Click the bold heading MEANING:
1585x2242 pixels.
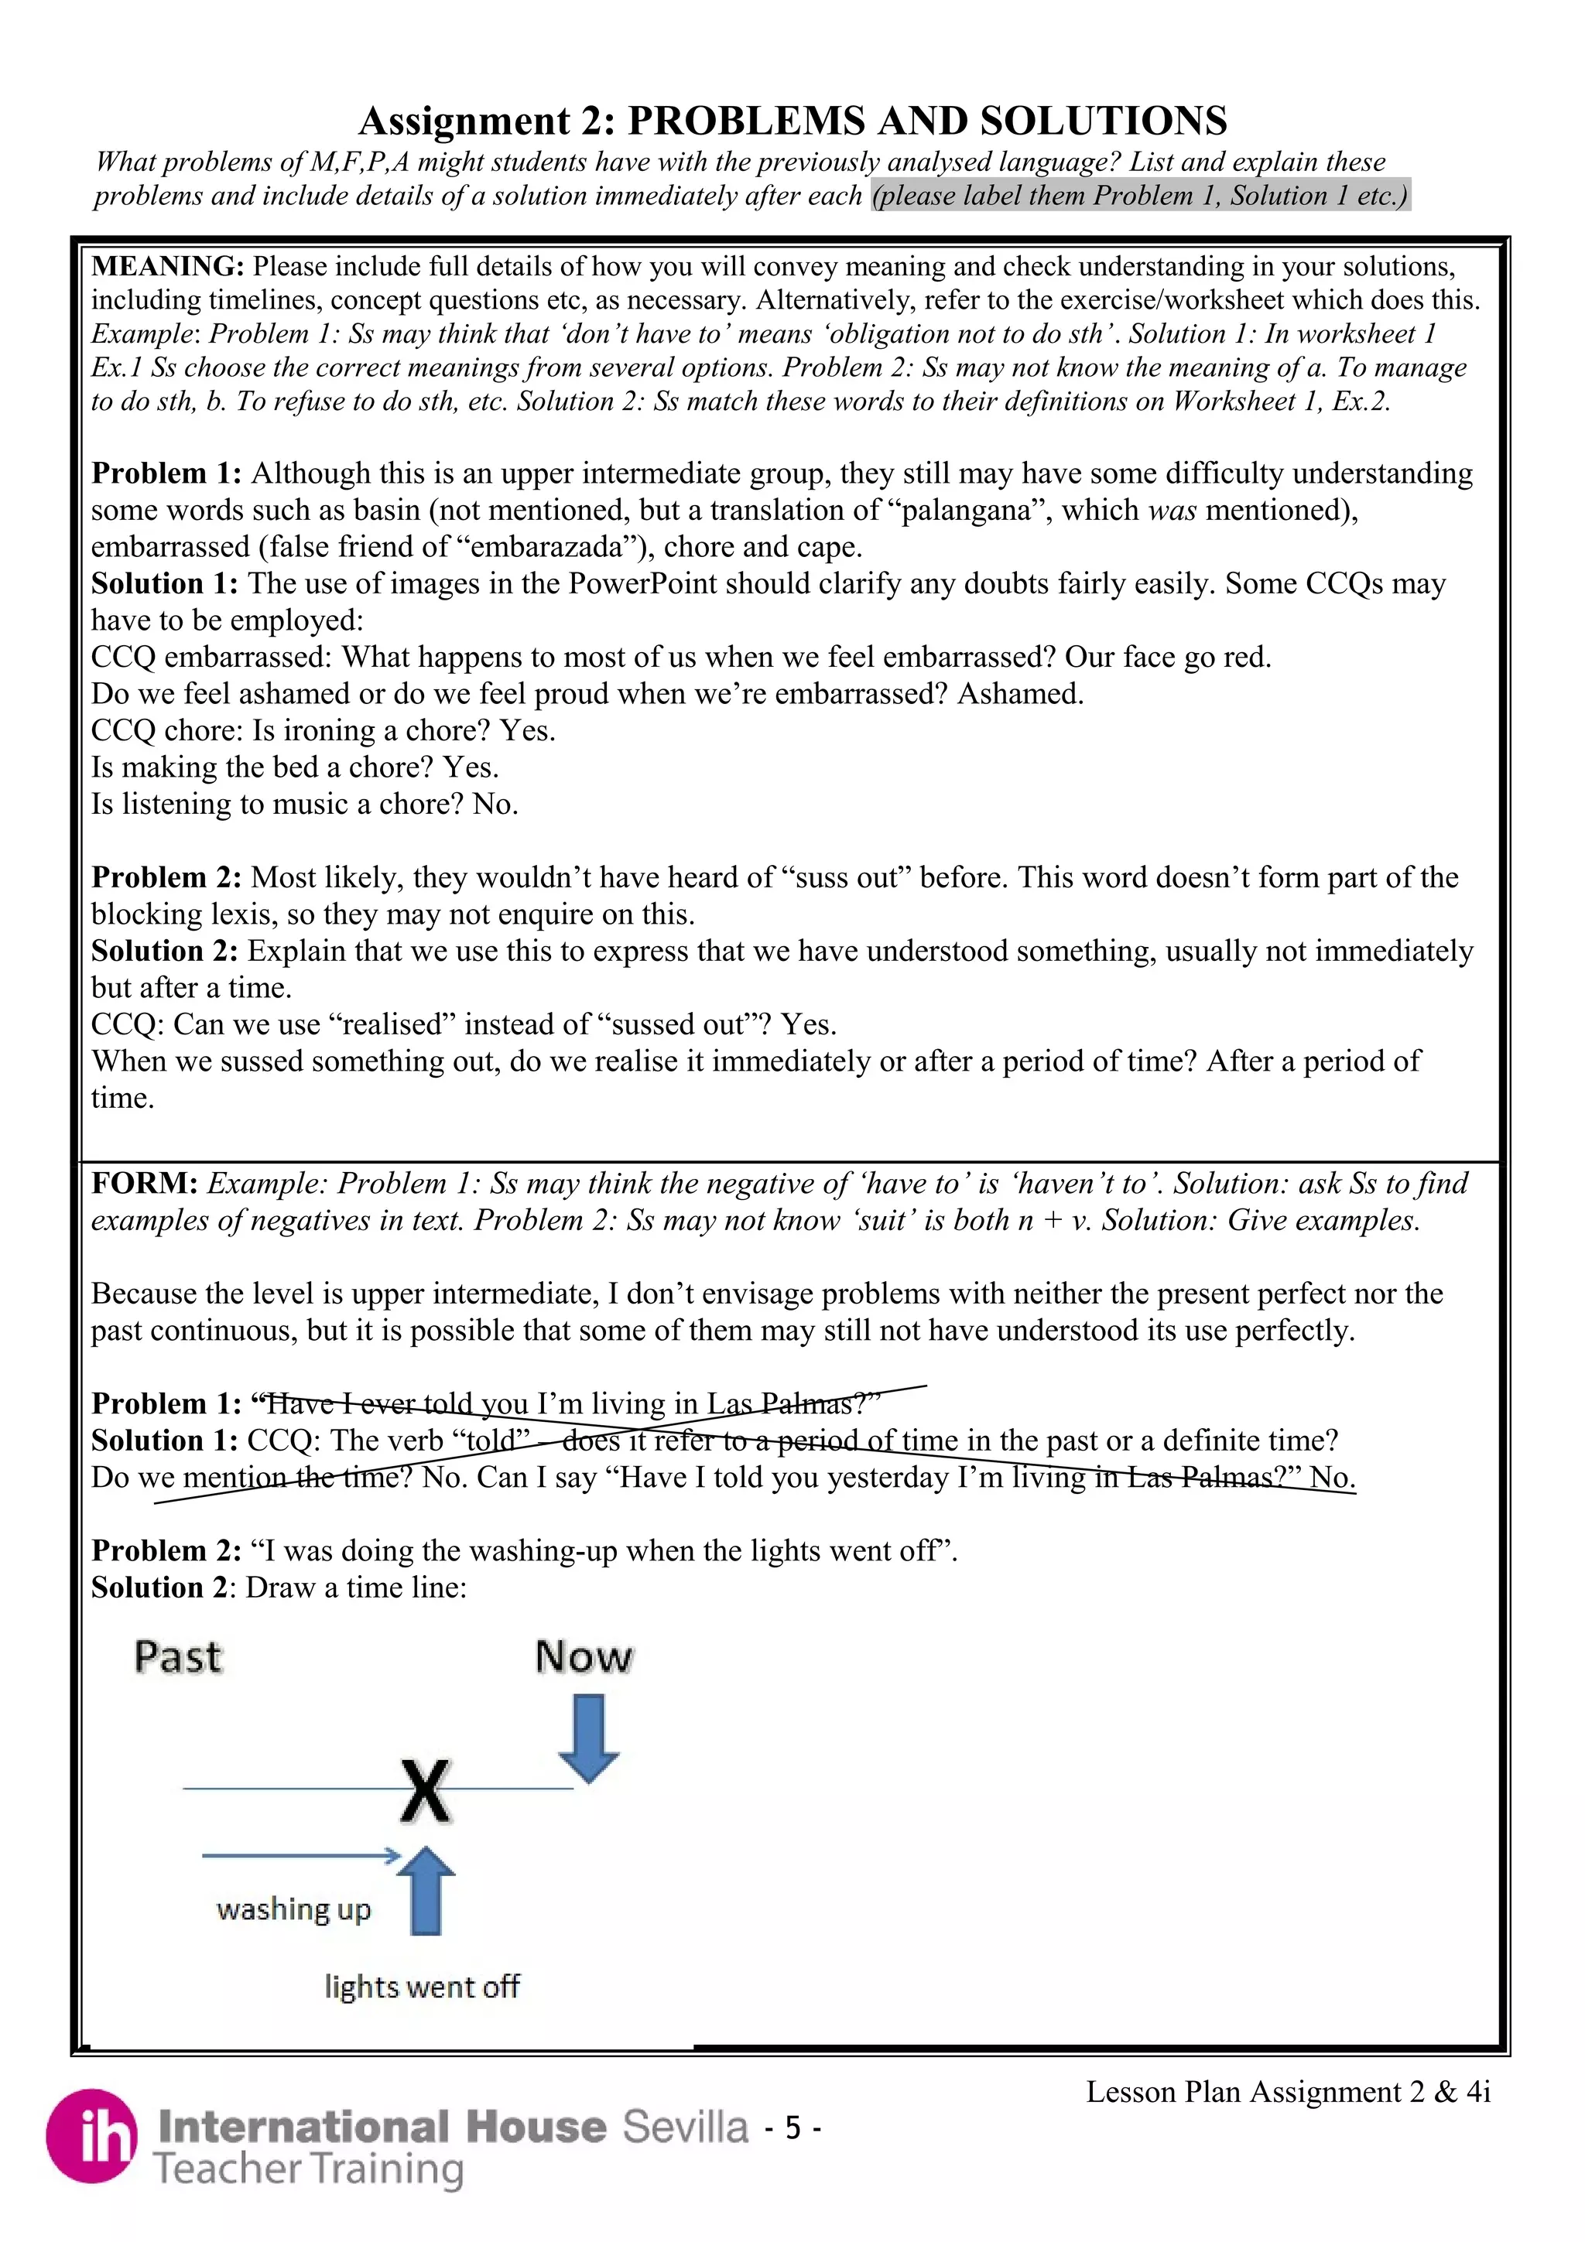(x=167, y=267)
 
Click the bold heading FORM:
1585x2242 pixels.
(x=145, y=1184)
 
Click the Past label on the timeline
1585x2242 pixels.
(x=178, y=1658)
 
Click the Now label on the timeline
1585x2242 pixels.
(x=584, y=1658)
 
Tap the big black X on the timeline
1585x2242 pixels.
(x=426, y=1791)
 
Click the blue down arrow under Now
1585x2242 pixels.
(x=589, y=1739)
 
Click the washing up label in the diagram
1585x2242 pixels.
(x=294, y=1909)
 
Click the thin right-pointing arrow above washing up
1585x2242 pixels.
(x=301, y=1854)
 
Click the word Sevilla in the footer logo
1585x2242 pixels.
(x=686, y=2126)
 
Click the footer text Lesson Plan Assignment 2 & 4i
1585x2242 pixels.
(x=1287, y=2092)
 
